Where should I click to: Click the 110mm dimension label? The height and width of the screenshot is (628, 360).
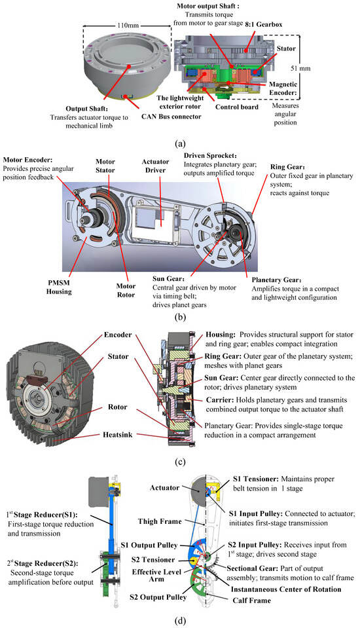tap(128, 26)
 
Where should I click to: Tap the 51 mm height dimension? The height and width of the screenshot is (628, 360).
tap(300, 69)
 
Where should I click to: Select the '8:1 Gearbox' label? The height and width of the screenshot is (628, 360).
tap(264, 24)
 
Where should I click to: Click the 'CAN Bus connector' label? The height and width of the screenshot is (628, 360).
tap(171, 117)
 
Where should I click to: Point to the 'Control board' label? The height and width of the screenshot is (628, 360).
tap(237, 107)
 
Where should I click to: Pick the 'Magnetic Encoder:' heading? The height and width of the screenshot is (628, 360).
tap(283, 88)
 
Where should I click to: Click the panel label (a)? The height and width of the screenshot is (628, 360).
tap(180, 143)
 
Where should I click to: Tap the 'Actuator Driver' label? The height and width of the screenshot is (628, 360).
tap(155, 166)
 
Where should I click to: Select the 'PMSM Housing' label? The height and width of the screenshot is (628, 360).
tap(59, 287)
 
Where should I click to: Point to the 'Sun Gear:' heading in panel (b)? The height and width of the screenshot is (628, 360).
tap(169, 279)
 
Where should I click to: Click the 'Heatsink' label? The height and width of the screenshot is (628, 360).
tap(117, 435)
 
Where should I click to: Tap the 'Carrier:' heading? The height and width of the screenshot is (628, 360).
tap(219, 400)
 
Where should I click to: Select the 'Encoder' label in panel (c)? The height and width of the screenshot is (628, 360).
tap(118, 335)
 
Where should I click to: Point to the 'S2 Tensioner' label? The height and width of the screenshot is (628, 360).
tap(153, 559)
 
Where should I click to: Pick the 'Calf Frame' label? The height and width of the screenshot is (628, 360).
tap(252, 600)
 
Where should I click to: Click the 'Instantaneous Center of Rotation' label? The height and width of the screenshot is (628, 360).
tap(286, 589)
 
